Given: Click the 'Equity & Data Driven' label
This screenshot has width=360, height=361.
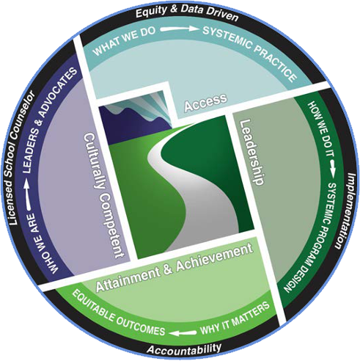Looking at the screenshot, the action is [x=187, y=12].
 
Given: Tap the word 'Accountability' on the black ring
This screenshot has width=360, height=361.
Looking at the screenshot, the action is [x=185, y=349].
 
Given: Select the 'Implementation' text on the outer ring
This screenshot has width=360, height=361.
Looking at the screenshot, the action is [x=345, y=211].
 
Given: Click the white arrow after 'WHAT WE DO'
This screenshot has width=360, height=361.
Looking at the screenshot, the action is [x=179, y=29].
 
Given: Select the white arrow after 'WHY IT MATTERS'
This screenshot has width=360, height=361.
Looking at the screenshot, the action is [x=183, y=333].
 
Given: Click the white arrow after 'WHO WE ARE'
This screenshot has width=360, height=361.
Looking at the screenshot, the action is [x=28, y=196].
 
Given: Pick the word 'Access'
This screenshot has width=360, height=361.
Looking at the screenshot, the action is [x=206, y=102].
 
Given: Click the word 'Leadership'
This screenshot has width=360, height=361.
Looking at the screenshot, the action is [x=251, y=152].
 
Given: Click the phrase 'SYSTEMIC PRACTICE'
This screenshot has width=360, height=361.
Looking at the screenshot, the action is [x=250, y=51].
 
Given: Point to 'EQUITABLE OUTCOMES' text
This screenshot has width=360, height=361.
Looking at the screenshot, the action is [x=118, y=315].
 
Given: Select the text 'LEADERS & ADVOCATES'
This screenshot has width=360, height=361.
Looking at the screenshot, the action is [x=49, y=119].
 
